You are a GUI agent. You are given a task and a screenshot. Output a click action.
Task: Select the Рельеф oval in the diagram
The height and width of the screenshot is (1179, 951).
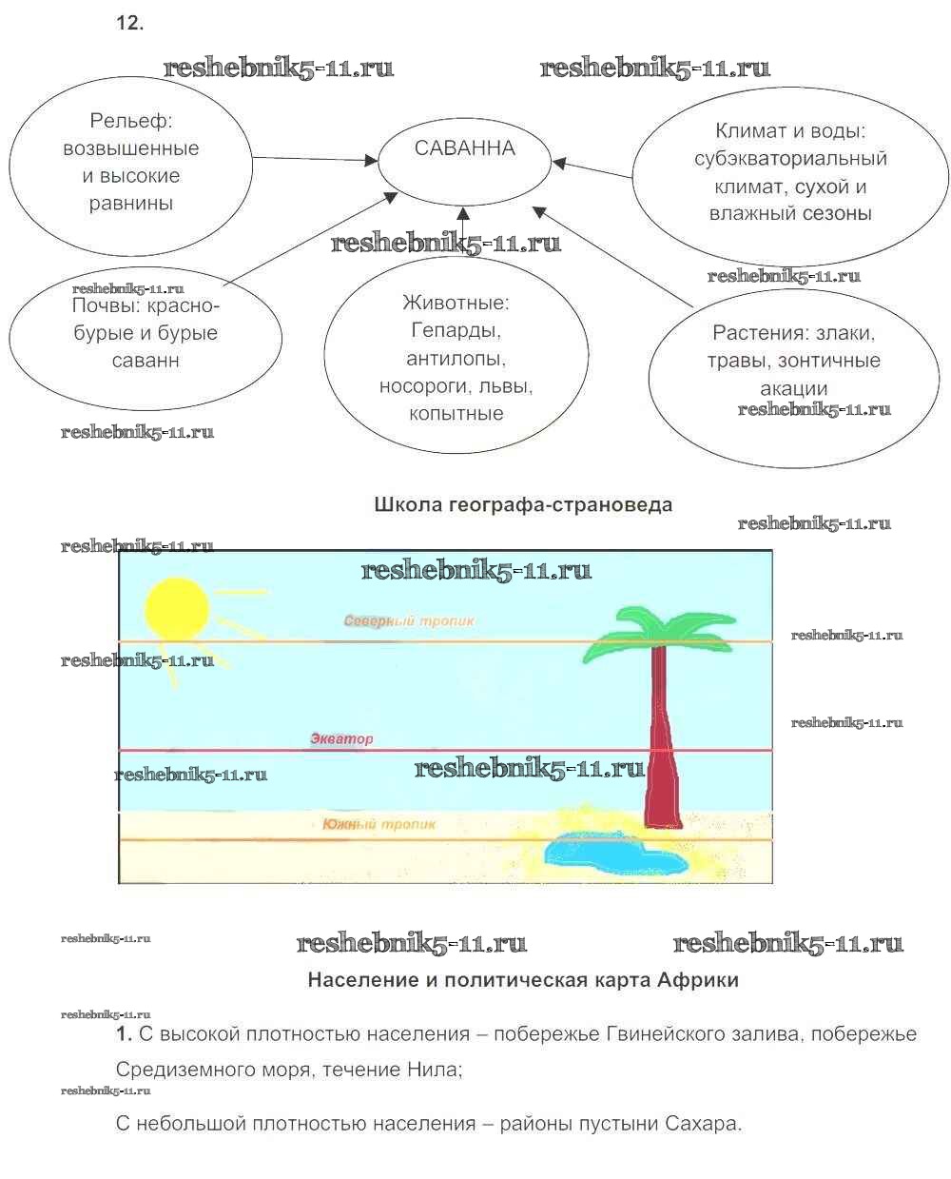coord(131,176)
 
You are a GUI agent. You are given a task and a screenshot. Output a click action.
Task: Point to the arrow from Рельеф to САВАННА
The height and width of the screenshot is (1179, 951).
coord(314,160)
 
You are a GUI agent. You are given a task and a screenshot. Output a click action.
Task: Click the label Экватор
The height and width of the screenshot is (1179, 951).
coord(341,738)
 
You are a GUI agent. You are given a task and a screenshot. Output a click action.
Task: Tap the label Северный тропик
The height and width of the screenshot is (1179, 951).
coord(409,621)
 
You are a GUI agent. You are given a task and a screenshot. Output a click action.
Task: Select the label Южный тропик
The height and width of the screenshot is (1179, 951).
coord(378,824)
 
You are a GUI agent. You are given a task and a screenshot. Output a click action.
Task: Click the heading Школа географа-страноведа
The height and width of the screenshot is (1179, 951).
coord(523,504)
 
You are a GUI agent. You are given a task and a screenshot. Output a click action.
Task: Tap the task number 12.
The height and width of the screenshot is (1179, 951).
coord(129,24)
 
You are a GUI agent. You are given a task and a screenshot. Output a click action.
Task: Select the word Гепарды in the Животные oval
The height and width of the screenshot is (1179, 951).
coord(456,331)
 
